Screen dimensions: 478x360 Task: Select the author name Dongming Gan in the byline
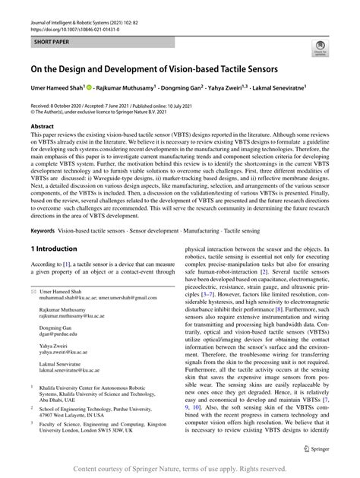coord(188,90)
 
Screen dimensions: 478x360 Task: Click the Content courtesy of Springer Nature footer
coord(179,469)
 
